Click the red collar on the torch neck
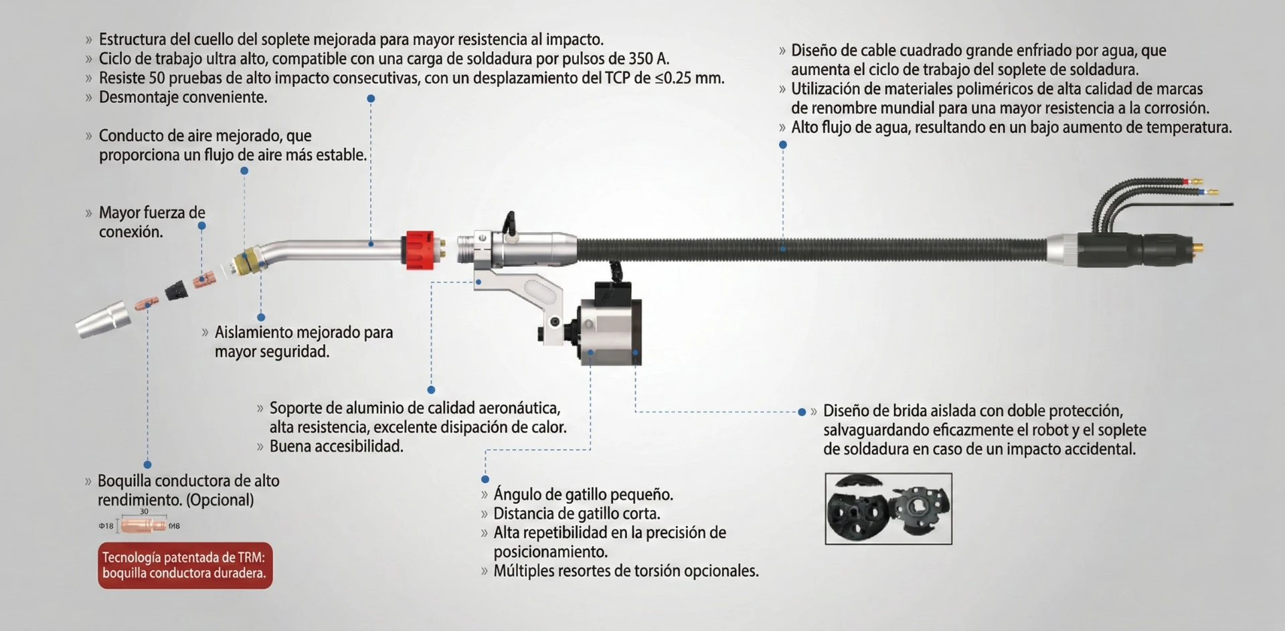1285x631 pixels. point(418,249)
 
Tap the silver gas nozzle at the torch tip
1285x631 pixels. point(104,319)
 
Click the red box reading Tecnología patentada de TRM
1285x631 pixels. point(185,565)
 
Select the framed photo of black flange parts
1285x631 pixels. point(888,509)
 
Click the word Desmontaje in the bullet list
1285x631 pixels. point(139,98)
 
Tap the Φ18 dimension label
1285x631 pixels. point(106,527)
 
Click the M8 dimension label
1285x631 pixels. point(174,527)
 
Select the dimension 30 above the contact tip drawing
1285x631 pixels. point(144,512)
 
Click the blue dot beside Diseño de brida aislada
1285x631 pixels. point(802,412)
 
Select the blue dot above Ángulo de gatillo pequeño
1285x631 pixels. point(485,479)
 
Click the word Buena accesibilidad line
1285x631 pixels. point(336,447)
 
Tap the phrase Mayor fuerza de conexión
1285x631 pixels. point(151,222)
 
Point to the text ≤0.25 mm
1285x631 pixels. point(689,78)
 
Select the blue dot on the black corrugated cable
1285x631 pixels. point(782,248)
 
